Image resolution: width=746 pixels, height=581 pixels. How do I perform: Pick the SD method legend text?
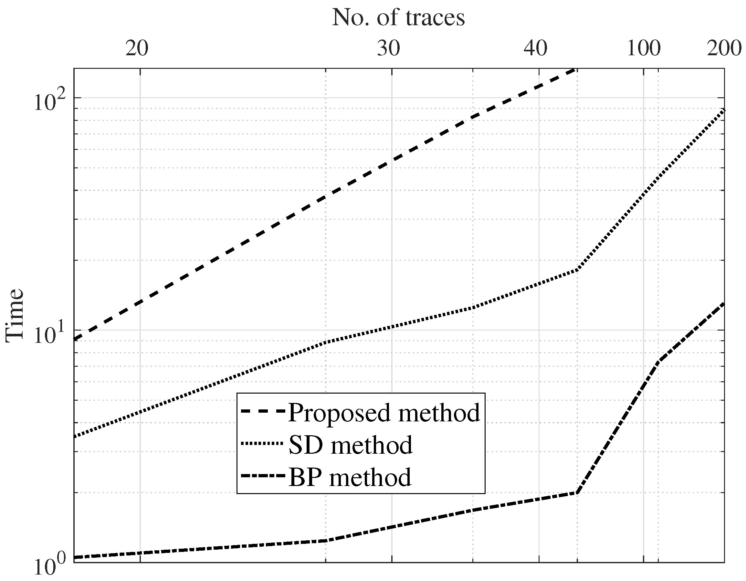click(351, 445)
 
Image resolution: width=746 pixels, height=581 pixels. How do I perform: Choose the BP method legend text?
click(350, 477)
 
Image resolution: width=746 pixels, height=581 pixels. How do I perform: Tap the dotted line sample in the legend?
click(262, 444)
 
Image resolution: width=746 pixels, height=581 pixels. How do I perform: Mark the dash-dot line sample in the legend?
click(262, 476)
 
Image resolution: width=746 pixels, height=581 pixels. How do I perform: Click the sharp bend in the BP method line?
click(577, 493)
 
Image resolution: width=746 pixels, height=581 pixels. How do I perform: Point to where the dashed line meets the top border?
click(575, 69)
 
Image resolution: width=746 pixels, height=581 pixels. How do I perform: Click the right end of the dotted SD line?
click(723, 110)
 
